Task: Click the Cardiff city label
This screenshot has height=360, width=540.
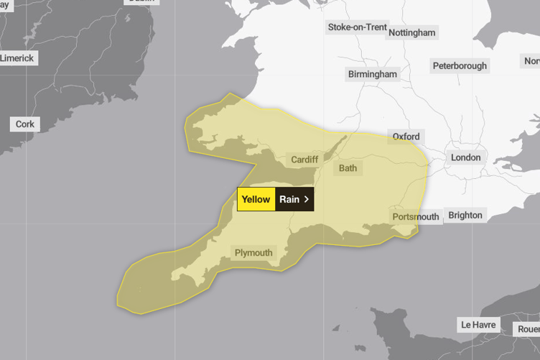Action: (305, 160)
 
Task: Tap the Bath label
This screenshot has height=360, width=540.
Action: (348, 168)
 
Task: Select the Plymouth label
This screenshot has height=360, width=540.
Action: (253, 253)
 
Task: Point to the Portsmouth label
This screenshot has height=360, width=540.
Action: (416, 216)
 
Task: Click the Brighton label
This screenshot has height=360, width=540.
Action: (465, 215)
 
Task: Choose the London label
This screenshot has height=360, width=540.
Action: (465, 157)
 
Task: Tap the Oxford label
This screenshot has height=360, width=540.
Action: (406, 137)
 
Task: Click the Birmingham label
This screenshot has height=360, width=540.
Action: (372, 74)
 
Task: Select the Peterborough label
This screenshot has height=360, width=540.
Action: (460, 65)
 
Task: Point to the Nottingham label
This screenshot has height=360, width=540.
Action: (411, 32)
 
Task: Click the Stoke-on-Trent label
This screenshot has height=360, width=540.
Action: (357, 27)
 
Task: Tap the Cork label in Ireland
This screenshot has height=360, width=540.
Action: (25, 124)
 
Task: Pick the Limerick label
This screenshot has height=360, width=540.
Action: (17, 58)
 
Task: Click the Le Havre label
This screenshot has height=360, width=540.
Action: (478, 325)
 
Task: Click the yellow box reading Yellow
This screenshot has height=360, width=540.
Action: (256, 200)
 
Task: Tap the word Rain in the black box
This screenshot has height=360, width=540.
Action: (289, 200)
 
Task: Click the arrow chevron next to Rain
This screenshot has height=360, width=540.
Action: (307, 200)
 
